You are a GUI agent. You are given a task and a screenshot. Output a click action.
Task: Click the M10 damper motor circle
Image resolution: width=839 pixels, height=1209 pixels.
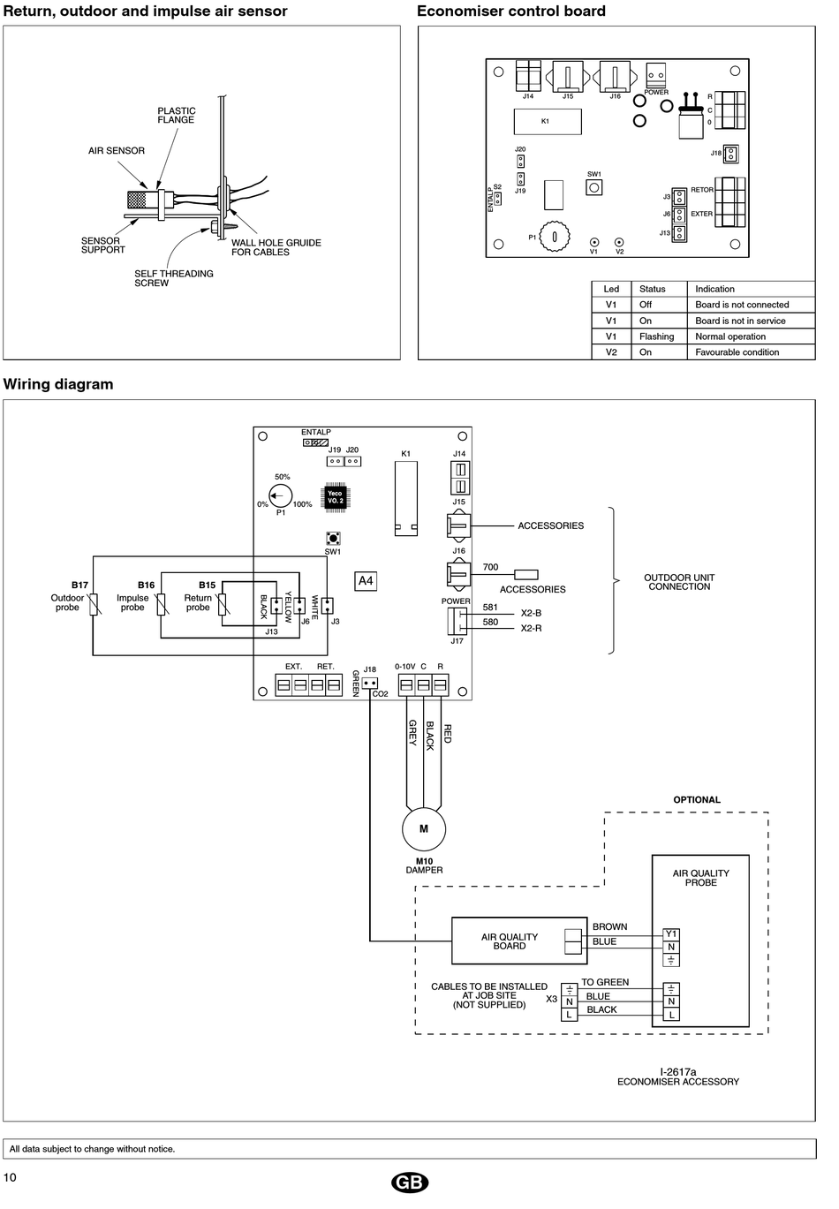click(424, 829)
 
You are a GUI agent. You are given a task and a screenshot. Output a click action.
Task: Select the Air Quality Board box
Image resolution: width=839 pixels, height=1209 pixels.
click(519, 941)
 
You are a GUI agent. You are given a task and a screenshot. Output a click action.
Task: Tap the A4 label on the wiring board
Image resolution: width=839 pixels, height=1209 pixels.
click(366, 581)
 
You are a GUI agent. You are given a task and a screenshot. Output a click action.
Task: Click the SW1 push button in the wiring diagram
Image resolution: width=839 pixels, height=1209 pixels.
click(333, 538)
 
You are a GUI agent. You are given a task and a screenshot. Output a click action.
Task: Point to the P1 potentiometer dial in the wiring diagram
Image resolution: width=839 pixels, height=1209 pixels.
click(280, 495)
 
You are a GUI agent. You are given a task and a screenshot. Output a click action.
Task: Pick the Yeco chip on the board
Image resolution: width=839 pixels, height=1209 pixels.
click(335, 496)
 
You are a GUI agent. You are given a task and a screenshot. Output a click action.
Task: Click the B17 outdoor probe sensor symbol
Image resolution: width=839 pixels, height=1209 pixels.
click(94, 604)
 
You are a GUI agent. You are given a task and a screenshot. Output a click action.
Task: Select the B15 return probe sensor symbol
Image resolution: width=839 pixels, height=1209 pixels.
click(222, 604)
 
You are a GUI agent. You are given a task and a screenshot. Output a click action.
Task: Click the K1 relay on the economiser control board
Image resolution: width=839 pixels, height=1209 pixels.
click(548, 122)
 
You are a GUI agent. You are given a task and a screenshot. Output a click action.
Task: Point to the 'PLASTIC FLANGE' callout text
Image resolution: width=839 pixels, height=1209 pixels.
click(176, 115)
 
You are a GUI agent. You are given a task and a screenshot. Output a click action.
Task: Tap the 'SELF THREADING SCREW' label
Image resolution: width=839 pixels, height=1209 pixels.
click(174, 278)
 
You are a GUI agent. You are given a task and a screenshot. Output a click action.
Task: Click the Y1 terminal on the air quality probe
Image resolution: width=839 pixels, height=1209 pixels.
click(671, 933)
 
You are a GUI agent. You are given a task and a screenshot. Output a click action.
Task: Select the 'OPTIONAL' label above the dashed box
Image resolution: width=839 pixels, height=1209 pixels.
click(697, 799)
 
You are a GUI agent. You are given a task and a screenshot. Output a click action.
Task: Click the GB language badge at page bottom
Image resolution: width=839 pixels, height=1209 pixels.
click(410, 1183)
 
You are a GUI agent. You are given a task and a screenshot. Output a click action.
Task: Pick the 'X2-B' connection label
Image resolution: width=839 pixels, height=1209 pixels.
click(531, 613)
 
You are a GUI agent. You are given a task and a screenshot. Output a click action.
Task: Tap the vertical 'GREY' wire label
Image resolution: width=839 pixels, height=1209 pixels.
click(413, 732)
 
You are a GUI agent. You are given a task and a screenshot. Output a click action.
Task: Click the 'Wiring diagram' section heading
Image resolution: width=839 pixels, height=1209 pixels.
click(58, 384)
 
